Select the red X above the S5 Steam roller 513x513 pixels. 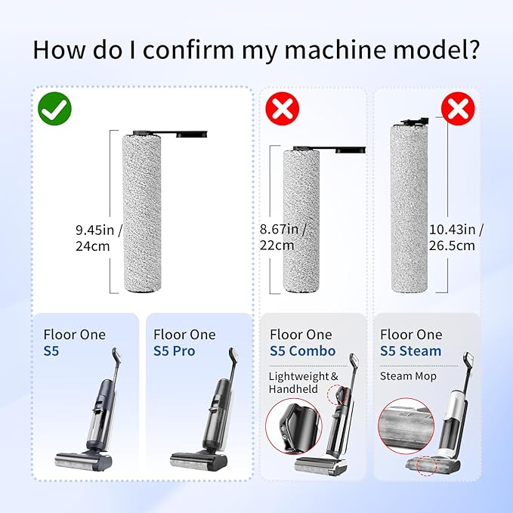point(458,110)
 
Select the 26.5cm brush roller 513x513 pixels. point(409,210)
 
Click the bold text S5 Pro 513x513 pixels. point(174,351)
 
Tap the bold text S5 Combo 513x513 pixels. point(302,351)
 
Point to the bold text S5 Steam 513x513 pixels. point(411,351)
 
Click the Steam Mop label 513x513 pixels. point(408,376)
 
